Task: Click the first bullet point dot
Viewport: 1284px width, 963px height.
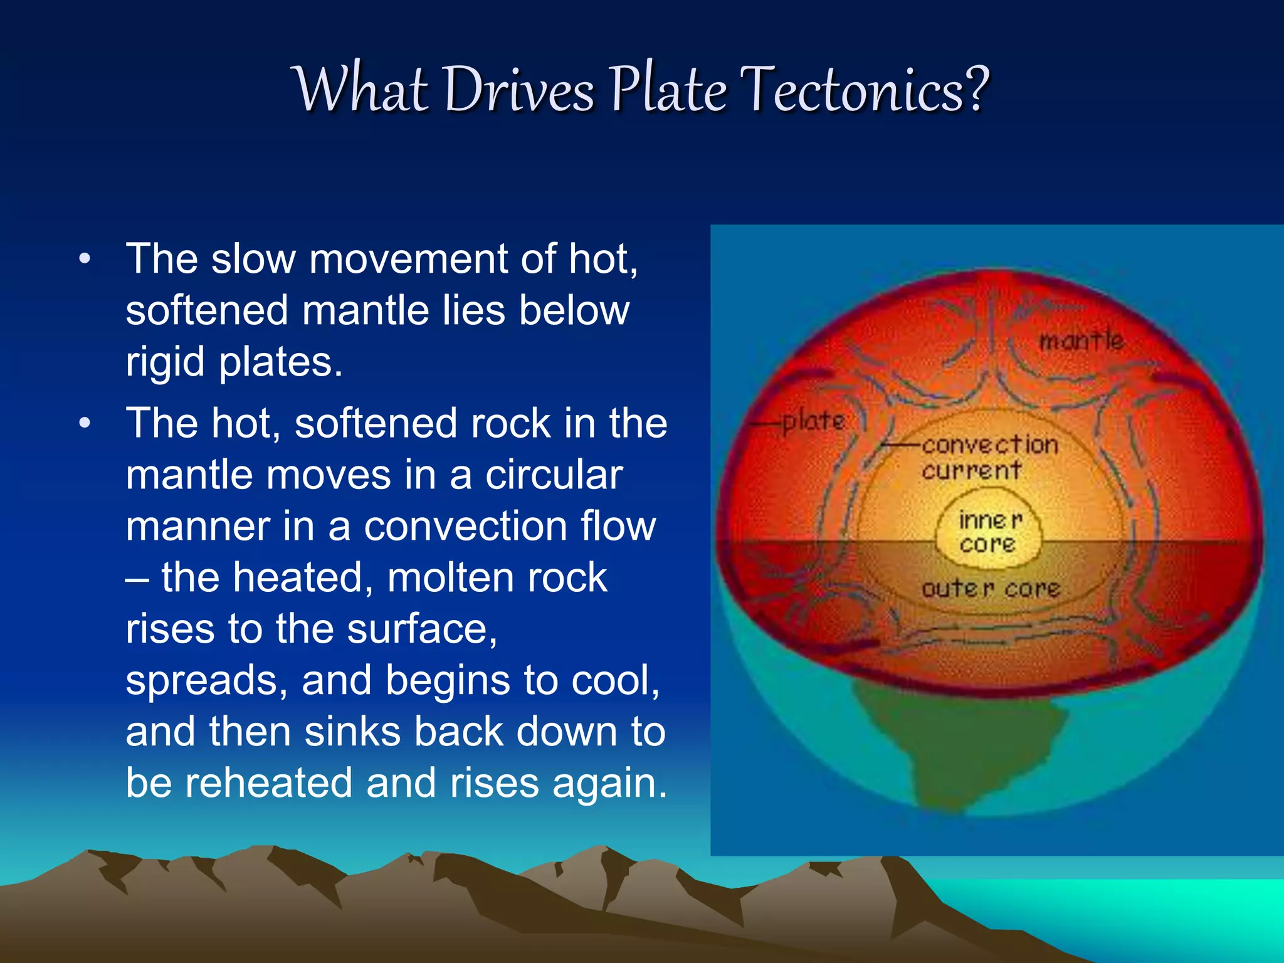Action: click(85, 259)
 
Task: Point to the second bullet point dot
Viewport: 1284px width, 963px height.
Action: click(85, 424)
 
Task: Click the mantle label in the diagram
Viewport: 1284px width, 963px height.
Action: click(1081, 341)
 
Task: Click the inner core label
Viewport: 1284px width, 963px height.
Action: click(989, 532)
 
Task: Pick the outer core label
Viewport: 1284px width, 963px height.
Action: click(991, 588)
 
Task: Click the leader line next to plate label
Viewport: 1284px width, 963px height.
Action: click(766, 423)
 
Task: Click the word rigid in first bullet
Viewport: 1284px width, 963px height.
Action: click(165, 362)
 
